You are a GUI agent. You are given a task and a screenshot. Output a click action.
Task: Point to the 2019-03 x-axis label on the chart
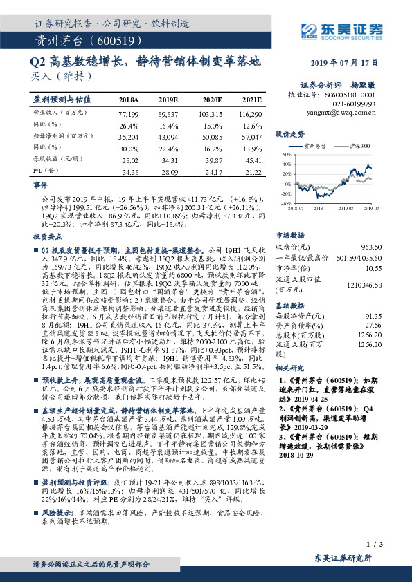tap(346, 207)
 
